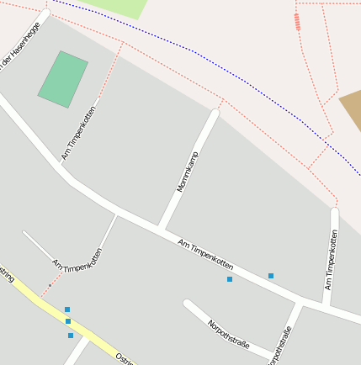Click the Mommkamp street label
[x=187, y=172]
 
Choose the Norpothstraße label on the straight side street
[x=283, y=345]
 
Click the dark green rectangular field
[x=63, y=79]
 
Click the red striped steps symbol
[x=297, y=22]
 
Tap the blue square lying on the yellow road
[x=68, y=321]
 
